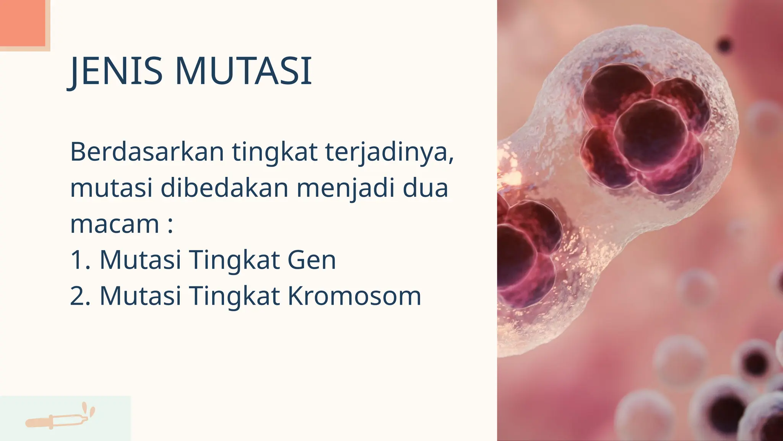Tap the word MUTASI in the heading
click(244, 71)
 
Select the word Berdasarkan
click(147, 152)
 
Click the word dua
click(425, 188)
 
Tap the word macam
click(115, 224)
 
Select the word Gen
click(311, 260)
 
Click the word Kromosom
click(354, 296)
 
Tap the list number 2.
click(80, 296)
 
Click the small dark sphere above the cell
click(724, 46)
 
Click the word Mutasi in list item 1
click(140, 260)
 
